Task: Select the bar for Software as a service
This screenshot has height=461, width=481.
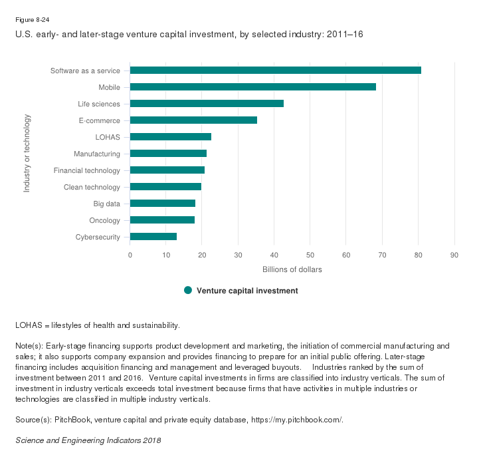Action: (276, 71)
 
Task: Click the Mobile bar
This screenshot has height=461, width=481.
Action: (253, 87)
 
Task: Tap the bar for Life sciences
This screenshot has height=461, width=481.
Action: (207, 104)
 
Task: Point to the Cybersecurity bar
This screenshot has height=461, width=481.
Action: (153, 236)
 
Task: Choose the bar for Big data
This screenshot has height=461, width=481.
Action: (163, 204)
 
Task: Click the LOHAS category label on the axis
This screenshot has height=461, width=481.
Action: (108, 137)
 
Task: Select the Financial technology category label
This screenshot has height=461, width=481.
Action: (87, 170)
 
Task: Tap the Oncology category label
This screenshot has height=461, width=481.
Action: (104, 220)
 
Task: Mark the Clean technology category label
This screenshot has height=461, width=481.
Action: (92, 187)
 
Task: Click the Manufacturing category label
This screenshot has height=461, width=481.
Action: (97, 154)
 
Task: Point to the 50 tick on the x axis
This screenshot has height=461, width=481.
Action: (310, 255)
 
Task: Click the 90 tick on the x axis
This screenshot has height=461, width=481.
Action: (454, 255)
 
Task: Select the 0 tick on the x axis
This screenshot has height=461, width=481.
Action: (130, 255)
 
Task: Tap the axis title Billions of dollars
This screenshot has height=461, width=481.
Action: (292, 269)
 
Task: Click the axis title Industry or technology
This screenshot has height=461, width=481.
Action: (27, 154)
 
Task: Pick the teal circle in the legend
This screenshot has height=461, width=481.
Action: (188, 290)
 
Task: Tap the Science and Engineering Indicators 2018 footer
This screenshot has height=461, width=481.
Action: (88, 440)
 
